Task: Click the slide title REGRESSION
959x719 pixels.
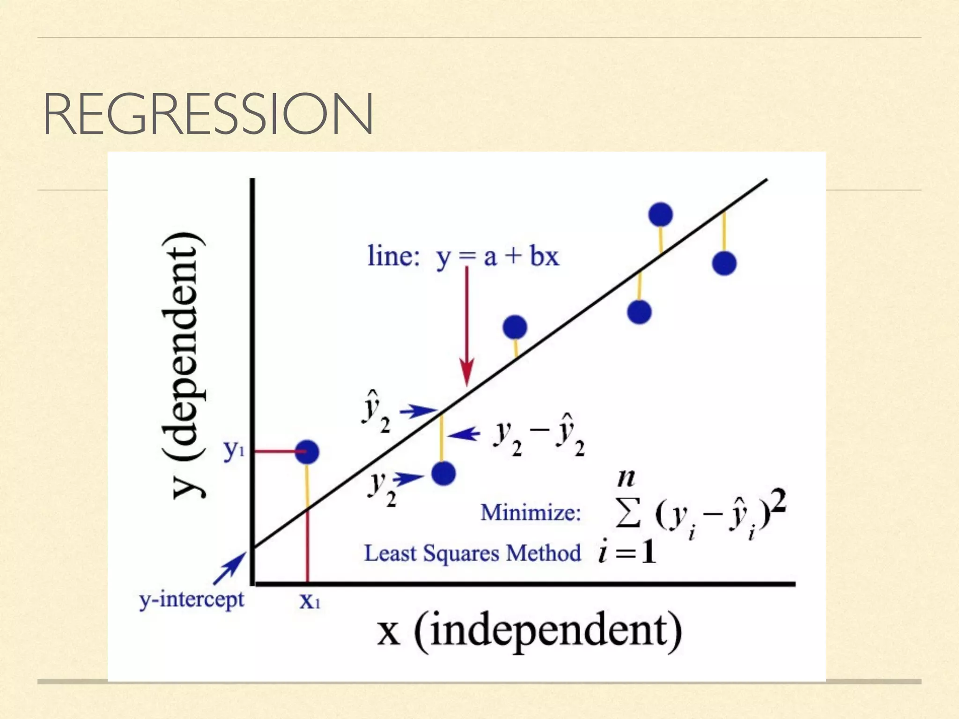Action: [x=208, y=114]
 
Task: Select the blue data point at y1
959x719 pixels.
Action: [x=307, y=452]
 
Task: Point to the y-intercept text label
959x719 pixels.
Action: [x=192, y=600]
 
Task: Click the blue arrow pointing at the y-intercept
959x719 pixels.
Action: [x=230, y=568]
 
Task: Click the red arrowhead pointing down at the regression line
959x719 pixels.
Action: [x=466, y=372]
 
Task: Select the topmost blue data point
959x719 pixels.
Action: [x=660, y=215]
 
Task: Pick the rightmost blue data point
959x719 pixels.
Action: [x=724, y=263]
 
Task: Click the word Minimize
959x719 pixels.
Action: [x=531, y=512]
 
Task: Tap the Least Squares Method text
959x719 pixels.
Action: [x=472, y=553]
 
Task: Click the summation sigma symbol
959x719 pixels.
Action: [x=627, y=514]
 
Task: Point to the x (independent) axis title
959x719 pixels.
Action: [x=530, y=631]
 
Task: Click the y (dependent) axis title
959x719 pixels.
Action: [x=183, y=365]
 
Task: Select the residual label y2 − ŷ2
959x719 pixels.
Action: [x=539, y=435]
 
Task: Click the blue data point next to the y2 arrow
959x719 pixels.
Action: [x=443, y=473]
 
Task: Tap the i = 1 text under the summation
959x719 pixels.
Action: [x=627, y=552]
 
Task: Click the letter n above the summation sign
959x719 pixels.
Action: [x=626, y=478]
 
